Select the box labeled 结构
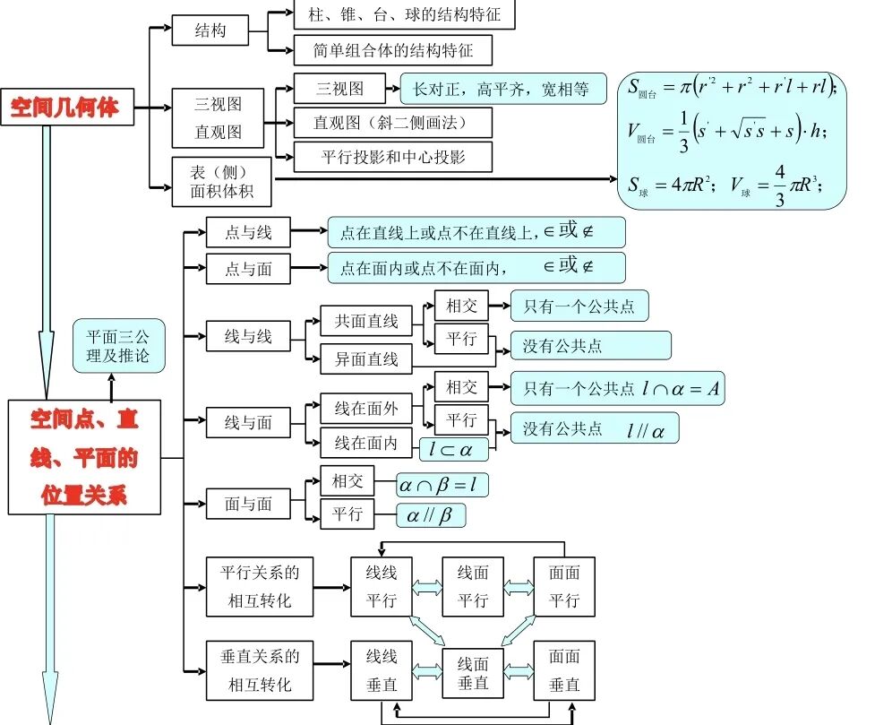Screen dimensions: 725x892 (x=210, y=31)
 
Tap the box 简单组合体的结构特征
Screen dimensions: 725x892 (x=393, y=50)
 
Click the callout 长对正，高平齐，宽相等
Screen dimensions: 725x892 (x=503, y=89)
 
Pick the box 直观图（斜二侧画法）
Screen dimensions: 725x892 (x=393, y=123)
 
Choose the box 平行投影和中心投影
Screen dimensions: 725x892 (x=393, y=157)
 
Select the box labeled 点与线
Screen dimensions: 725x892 (x=248, y=233)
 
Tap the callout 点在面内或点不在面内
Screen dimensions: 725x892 (x=476, y=268)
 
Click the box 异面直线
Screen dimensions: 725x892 (x=366, y=359)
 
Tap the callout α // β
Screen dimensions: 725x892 (x=431, y=516)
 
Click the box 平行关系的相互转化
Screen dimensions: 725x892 (x=260, y=586)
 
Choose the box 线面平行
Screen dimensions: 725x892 (x=473, y=586)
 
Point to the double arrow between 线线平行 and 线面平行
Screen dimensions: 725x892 (x=427, y=586)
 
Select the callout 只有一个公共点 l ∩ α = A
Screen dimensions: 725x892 (x=617, y=389)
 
